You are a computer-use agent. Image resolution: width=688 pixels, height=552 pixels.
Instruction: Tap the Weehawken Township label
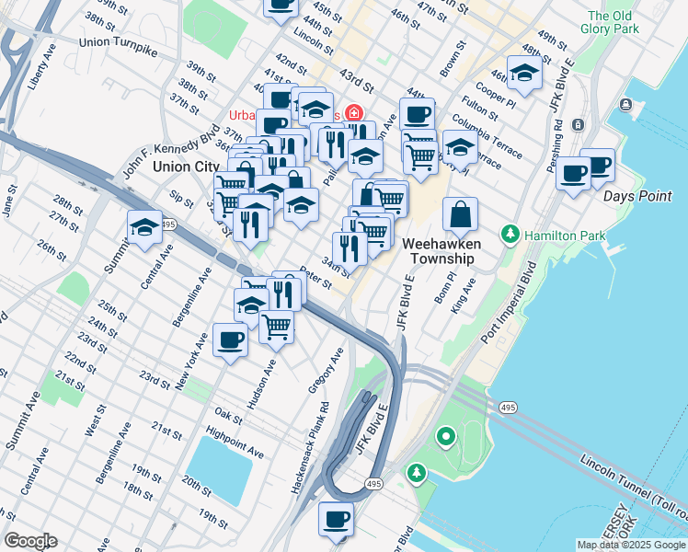point(437,251)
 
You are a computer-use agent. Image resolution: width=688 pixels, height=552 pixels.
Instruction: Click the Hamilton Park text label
point(565,236)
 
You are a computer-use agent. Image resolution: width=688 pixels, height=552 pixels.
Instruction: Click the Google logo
point(30,541)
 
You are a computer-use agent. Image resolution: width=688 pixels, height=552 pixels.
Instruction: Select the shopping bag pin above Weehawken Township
point(460,215)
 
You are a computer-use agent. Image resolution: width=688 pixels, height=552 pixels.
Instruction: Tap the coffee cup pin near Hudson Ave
point(230,340)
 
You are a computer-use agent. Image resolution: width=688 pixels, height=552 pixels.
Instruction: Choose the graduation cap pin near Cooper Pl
point(524,74)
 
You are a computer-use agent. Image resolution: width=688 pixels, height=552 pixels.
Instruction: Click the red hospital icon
point(352,114)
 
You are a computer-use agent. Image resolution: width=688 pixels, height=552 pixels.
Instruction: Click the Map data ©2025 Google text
point(630,545)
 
